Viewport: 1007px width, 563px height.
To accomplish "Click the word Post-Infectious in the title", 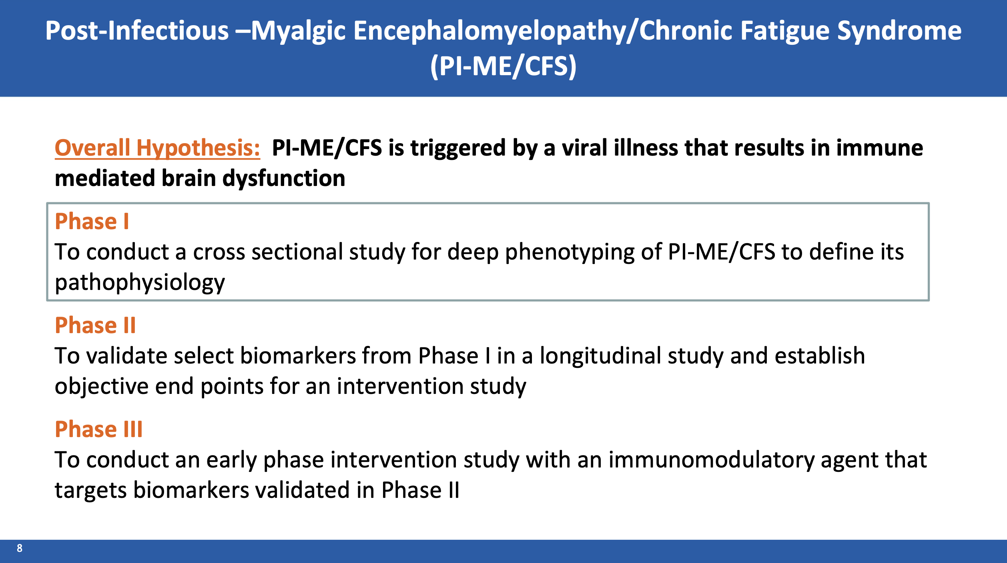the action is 137,31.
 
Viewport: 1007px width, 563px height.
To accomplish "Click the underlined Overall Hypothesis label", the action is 157,148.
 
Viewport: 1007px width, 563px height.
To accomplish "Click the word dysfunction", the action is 284,179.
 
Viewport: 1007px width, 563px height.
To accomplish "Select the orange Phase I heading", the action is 92,221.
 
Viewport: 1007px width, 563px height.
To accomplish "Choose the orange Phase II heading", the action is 95,325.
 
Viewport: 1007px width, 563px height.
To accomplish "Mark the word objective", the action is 102,387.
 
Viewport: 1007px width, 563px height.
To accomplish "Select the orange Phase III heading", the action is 98,429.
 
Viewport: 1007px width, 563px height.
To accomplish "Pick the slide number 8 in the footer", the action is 20,548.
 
